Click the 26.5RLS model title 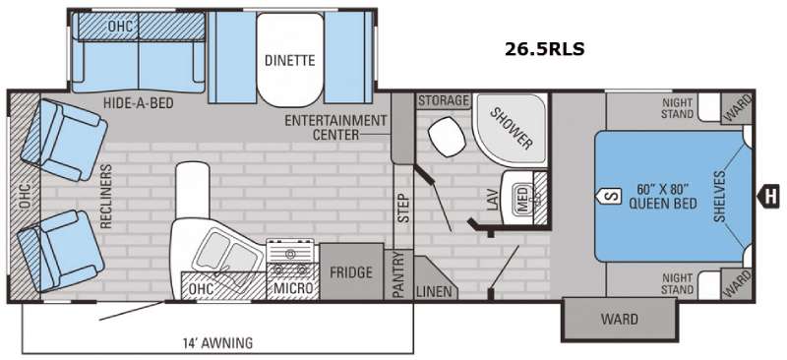[x=545, y=49]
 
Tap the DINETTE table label [x=290, y=61]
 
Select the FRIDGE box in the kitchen [x=351, y=271]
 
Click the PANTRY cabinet [x=398, y=275]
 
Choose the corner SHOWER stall [x=510, y=130]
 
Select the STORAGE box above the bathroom [x=444, y=100]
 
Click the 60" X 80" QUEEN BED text [x=662, y=196]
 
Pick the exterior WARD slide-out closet [x=620, y=319]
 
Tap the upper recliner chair [x=63, y=140]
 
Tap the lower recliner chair [x=60, y=251]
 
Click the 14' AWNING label [x=216, y=343]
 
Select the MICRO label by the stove [x=293, y=288]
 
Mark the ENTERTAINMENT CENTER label [x=335, y=128]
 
